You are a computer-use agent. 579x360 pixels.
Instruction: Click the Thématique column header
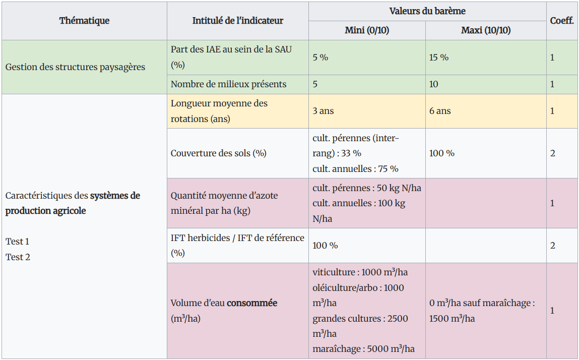pos(84,21)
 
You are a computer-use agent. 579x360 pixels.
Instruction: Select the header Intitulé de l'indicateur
pos(238,21)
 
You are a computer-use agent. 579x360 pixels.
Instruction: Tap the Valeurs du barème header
pos(427,11)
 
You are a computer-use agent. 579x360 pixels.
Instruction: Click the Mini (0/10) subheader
pos(367,30)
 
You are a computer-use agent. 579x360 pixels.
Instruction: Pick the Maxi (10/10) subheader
pos(486,30)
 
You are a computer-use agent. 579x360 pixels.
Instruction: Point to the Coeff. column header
pos(562,21)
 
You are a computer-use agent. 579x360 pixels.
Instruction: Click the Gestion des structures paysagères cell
pos(75,67)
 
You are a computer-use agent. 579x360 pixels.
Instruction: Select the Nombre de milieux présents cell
pos(228,84)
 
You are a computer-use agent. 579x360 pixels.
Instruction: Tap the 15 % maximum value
pos(439,57)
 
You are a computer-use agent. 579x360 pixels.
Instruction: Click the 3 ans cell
pos(323,111)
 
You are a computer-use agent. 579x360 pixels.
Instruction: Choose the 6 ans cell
pos(440,111)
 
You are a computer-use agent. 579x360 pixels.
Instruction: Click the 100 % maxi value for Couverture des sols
pos(442,153)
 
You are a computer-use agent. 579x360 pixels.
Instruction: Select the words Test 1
pos(18,242)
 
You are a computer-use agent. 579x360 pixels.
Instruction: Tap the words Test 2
pos(18,257)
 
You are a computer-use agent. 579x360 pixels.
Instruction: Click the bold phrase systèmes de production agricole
pos(73,203)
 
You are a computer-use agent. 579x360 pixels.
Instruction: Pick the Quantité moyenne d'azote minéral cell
pos(224,203)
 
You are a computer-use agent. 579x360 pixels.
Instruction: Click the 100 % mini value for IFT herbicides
pos(325,246)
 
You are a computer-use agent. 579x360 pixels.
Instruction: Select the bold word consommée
pos(252,303)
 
